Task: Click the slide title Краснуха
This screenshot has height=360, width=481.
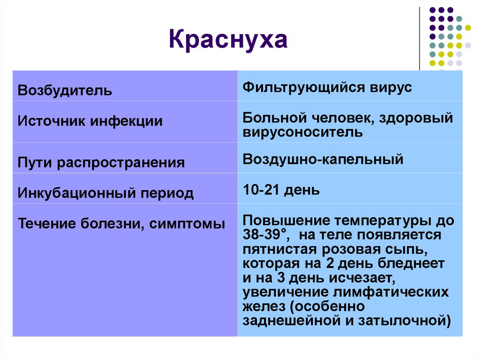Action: pos(228,39)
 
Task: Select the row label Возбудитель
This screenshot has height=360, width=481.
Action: pos(65,91)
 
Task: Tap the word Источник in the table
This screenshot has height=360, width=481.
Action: pos(51,121)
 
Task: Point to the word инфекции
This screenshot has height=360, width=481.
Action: pos(126,121)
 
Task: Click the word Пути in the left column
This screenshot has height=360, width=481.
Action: pos(35,162)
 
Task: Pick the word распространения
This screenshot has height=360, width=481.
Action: pos(121,163)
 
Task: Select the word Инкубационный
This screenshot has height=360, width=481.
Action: pos(77,193)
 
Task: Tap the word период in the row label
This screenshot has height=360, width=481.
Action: pos(167,193)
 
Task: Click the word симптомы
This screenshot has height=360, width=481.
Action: pos(187,223)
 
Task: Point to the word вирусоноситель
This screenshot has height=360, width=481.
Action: pos(303,132)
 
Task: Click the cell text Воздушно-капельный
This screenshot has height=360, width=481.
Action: pos(323,160)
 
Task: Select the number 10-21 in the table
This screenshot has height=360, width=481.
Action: pos(261,190)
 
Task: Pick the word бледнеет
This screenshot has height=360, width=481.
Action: pos(411,263)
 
